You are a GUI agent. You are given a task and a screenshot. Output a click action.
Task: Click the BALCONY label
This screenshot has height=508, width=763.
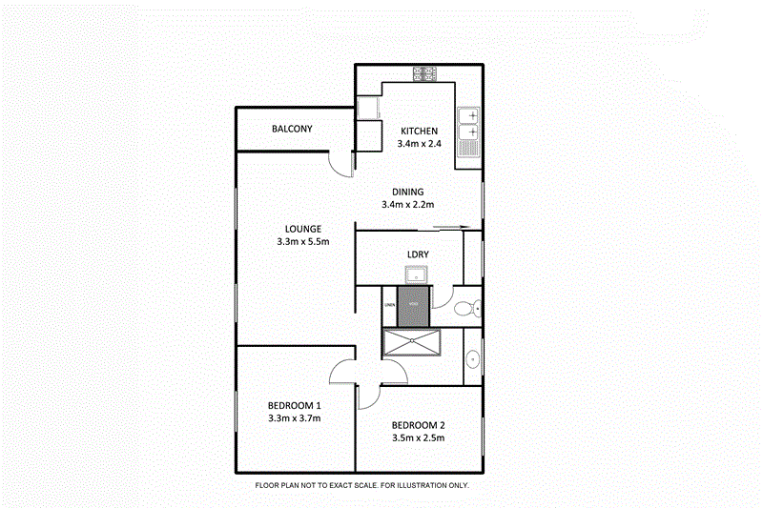pyautogui.click(x=292, y=130)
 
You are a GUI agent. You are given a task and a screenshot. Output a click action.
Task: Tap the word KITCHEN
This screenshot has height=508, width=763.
pyautogui.click(x=419, y=132)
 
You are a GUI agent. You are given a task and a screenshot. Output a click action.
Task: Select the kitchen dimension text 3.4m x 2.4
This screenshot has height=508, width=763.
pyautogui.click(x=419, y=145)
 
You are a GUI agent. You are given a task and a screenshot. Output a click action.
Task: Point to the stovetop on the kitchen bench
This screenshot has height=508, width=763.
pyautogui.click(x=424, y=72)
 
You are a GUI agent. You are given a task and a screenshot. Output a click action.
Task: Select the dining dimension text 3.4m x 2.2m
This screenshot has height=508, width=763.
pyautogui.click(x=407, y=204)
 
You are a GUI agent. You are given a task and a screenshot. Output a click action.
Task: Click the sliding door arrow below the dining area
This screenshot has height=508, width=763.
pyautogui.click(x=451, y=227)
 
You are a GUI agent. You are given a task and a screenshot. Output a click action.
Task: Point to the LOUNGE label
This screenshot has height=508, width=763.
pyautogui.click(x=302, y=229)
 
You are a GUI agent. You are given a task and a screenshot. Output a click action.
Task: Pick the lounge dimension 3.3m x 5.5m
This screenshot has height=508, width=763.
pyautogui.click(x=302, y=242)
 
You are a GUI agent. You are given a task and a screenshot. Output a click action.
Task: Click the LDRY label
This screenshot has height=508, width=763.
pyautogui.click(x=417, y=254)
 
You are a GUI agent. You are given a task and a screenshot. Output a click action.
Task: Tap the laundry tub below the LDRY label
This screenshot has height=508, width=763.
pyautogui.click(x=417, y=276)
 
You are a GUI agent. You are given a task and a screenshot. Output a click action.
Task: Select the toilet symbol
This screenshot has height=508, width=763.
pyautogui.click(x=466, y=308)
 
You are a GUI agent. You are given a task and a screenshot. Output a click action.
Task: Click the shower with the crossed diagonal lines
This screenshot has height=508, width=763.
pyautogui.click(x=413, y=342)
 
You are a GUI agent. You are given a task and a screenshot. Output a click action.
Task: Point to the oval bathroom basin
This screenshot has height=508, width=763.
pyautogui.click(x=472, y=359)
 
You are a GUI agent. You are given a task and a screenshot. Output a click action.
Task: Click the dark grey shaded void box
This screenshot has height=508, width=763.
pyautogui.click(x=413, y=308)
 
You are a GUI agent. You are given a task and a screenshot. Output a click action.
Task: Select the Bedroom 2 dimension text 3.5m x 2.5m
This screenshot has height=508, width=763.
pyautogui.click(x=418, y=438)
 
